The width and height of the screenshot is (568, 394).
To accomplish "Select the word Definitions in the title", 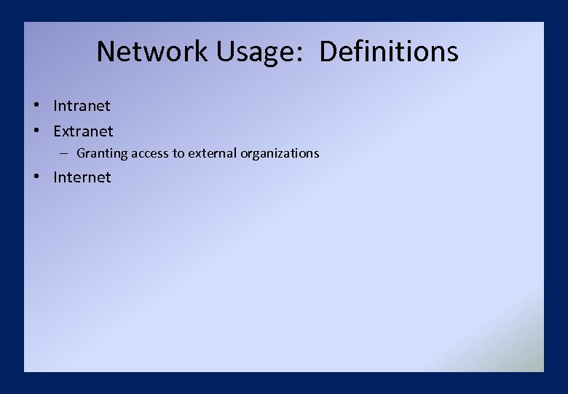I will point(389,51).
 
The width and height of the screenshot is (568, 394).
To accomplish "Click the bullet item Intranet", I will point(82,106).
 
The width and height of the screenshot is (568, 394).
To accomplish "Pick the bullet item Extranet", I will point(83,131).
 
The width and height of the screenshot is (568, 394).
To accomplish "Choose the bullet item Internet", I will point(82,177).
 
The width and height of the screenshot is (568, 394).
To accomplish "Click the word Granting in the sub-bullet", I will point(101,153).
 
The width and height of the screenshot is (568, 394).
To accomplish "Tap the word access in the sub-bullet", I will point(150,153).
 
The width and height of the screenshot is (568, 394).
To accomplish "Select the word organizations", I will point(280,153).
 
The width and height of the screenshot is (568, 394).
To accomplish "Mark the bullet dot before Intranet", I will point(36,105).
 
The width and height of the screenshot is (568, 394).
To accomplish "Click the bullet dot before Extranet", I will point(36,131).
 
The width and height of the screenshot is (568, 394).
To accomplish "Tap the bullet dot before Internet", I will point(36,177).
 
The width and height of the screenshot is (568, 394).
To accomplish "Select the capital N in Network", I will point(106,51).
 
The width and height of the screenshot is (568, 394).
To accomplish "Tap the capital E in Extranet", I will point(58,131).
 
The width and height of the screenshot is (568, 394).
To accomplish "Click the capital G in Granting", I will point(81,153).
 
